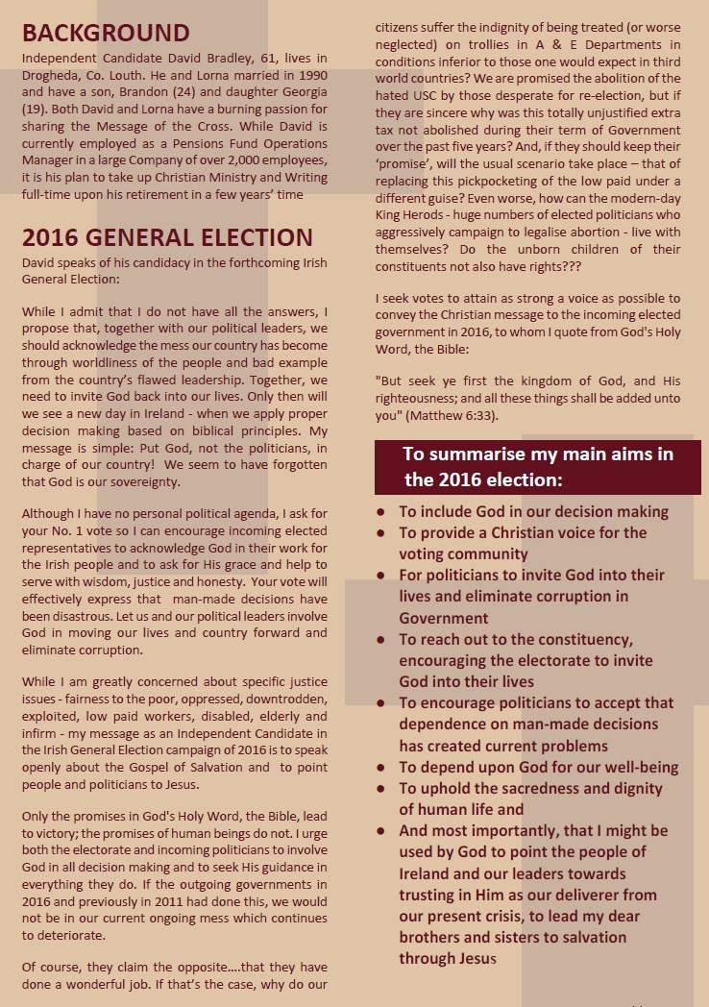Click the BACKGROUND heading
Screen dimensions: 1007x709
point(106,33)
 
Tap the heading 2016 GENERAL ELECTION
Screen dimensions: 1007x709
point(167,237)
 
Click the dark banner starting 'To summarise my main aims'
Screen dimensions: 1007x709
point(537,467)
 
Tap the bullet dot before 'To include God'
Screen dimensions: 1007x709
point(381,512)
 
